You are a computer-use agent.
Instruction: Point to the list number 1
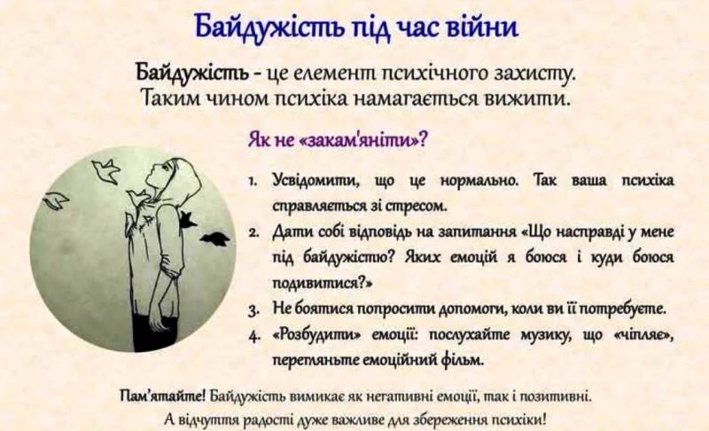(253, 181)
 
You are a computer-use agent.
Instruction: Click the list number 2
(253, 235)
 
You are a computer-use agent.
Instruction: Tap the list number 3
(253, 310)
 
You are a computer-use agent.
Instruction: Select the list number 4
(253, 338)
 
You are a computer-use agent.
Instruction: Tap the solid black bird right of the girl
(213, 238)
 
